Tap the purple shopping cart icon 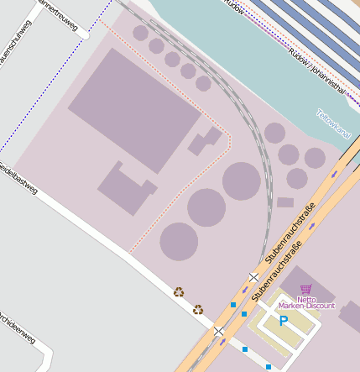tap(305, 289)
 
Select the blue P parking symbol tap(284, 321)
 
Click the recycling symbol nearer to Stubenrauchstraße tap(198, 309)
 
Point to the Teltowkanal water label tap(333, 123)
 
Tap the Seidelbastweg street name tap(18, 178)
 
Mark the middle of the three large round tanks tap(206, 207)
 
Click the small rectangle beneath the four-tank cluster tap(285, 202)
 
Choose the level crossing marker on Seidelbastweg tap(219, 331)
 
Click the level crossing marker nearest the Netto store tap(253, 277)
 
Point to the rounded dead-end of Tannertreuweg tap(84, 35)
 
